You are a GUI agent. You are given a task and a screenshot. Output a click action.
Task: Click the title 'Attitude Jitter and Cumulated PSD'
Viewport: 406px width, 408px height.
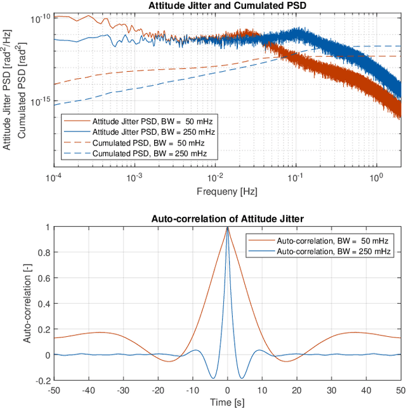click(228, 6)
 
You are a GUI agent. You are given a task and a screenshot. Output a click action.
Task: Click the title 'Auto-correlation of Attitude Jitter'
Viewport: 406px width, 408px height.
click(228, 219)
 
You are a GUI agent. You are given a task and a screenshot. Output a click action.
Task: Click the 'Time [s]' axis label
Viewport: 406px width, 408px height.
click(228, 402)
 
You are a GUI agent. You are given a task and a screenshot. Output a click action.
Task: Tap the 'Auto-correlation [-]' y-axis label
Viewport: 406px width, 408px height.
click(27, 303)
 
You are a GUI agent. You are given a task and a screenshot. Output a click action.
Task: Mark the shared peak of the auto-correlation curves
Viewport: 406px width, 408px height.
click(228, 228)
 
